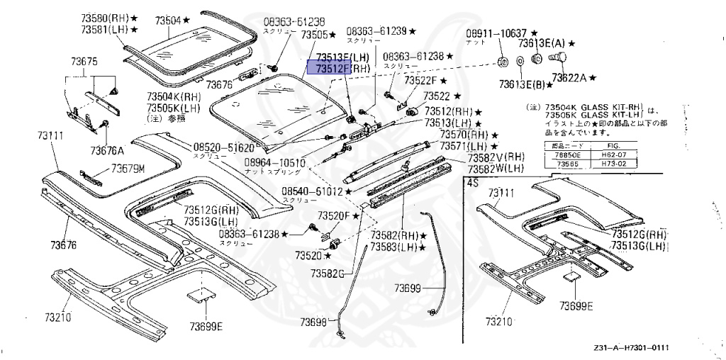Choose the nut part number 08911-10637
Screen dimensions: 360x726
496,33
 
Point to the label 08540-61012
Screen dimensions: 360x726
311,191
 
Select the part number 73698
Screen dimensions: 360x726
313,322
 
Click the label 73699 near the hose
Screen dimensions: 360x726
408,287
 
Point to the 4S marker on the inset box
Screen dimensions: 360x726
472,182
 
